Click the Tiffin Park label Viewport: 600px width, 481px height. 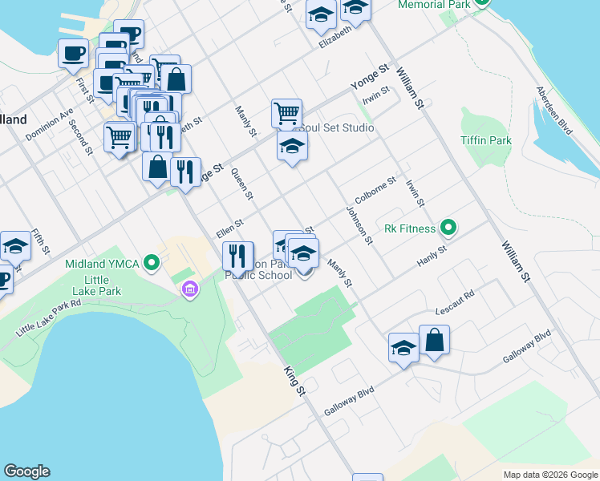click(x=486, y=140)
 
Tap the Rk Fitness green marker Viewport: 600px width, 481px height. click(x=448, y=228)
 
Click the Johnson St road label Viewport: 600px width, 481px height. click(x=359, y=224)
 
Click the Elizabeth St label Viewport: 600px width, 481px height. click(x=335, y=37)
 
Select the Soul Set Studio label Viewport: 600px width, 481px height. click(x=335, y=127)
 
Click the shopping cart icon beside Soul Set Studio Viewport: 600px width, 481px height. click(x=286, y=112)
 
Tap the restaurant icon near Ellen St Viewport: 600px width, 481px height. click(x=237, y=256)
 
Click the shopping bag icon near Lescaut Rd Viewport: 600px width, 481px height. click(x=434, y=339)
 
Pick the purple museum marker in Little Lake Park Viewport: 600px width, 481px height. click(x=191, y=289)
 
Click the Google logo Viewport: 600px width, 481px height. click(x=26, y=471)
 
